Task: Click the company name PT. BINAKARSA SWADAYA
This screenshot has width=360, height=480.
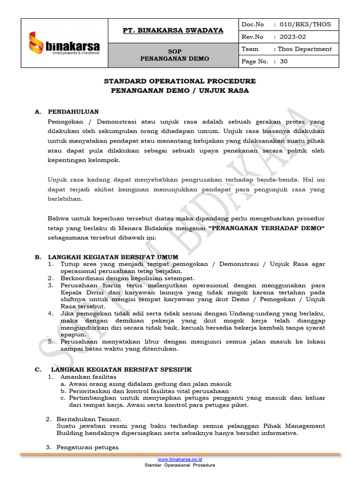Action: pos(173,30)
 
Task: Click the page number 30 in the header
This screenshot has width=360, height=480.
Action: pos(284,61)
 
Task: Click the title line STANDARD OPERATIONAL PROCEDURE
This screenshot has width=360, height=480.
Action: pos(180,81)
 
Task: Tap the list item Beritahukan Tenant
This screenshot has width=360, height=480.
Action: pos(89,419)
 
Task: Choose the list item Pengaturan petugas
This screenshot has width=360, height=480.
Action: pos(87,447)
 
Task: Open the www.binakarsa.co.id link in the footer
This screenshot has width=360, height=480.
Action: pos(180,459)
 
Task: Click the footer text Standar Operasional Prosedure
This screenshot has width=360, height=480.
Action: pos(180,465)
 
